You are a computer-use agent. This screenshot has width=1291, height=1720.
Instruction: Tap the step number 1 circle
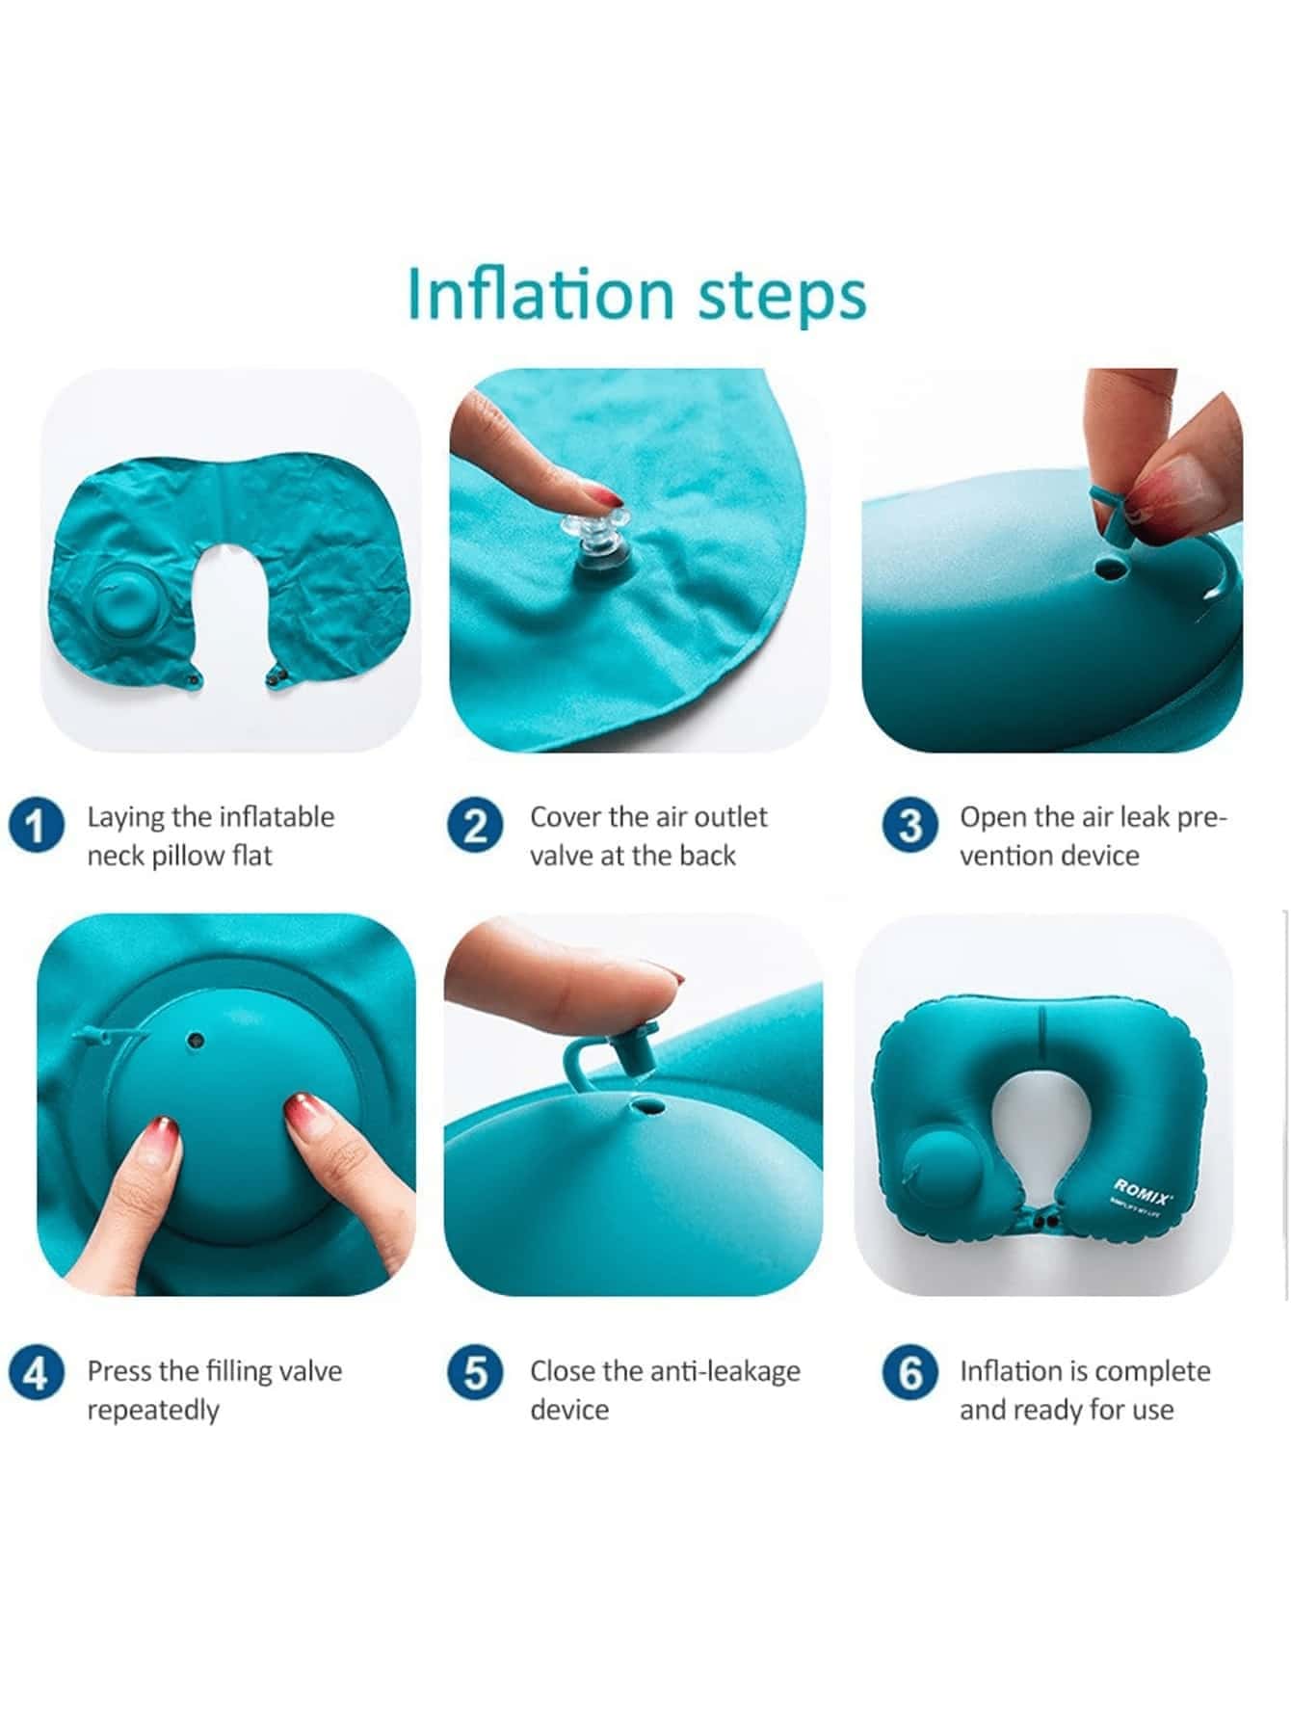coord(37,825)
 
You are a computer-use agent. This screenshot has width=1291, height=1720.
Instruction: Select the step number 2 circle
coord(475,825)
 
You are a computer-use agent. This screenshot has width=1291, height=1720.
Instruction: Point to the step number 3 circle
coord(909,825)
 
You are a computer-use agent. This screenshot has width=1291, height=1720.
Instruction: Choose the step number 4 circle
coord(37,1372)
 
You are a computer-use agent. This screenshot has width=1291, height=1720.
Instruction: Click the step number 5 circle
coord(475,1372)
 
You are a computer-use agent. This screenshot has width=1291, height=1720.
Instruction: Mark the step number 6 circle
coord(909,1372)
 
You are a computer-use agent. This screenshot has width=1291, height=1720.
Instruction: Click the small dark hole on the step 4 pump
coord(196,1041)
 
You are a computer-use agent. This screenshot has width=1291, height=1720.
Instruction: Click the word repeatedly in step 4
coord(153,1411)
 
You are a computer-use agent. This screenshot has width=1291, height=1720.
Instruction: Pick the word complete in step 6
coord(1153,1371)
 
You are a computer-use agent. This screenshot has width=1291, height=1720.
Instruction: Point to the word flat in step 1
coord(251,856)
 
